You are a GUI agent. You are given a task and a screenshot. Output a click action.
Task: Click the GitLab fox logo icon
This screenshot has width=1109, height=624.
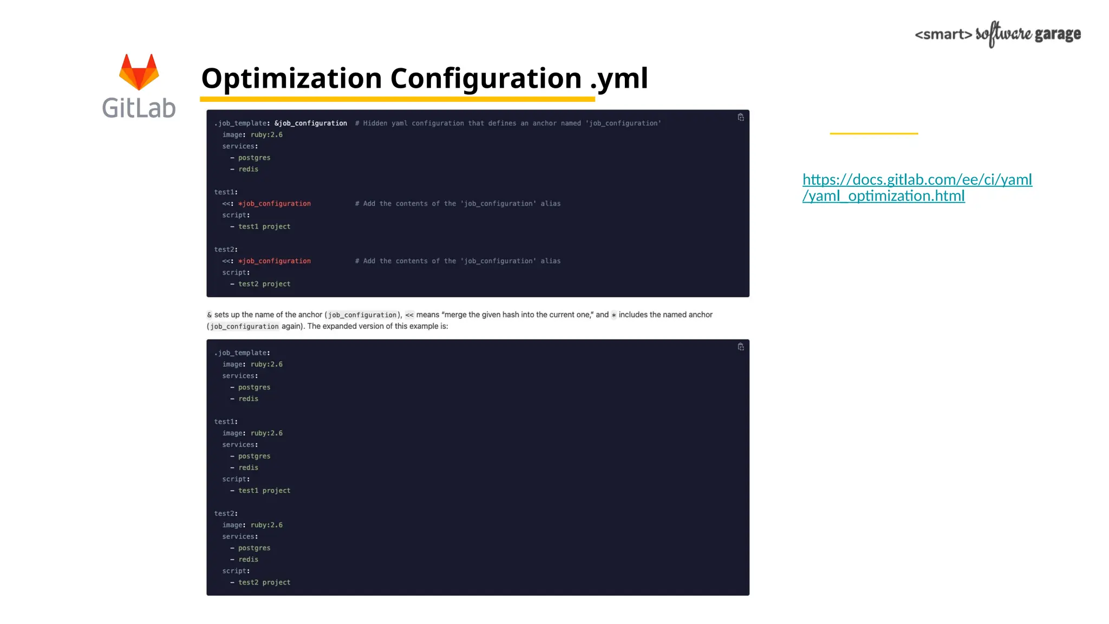(139, 71)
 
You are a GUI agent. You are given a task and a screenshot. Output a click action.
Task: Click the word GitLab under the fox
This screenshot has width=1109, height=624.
(139, 108)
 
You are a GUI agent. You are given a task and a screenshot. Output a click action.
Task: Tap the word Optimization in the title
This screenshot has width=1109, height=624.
(292, 79)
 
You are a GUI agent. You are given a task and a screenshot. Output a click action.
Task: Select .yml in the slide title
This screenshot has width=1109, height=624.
(618, 79)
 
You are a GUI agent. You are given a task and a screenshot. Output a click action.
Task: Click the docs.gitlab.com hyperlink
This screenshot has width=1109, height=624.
(917, 187)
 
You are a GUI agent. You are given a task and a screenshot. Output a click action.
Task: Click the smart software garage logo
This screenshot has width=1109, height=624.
(997, 34)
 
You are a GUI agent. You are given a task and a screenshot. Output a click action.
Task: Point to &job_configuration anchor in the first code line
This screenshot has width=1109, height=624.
(311, 123)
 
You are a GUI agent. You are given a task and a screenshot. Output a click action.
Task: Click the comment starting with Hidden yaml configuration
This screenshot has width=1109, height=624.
(508, 123)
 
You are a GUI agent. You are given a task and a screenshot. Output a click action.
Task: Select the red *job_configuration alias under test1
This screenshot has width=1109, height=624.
(275, 204)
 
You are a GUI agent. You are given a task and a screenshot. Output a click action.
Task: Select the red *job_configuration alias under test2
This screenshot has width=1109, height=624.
(275, 261)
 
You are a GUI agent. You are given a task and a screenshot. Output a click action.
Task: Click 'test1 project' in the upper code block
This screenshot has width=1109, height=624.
(264, 227)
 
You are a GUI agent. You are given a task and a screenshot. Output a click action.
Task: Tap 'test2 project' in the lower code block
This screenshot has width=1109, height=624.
(264, 583)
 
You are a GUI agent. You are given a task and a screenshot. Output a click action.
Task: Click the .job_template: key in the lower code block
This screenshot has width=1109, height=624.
(242, 353)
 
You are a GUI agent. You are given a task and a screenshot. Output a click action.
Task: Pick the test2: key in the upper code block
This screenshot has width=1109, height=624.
(226, 250)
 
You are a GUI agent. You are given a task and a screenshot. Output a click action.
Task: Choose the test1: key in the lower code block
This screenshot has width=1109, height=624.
(226, 422)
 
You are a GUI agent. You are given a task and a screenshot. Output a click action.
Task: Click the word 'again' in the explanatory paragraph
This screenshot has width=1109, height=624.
(291, 326)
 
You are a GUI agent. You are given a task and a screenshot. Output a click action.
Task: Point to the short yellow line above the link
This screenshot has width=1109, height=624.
(873, 133)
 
